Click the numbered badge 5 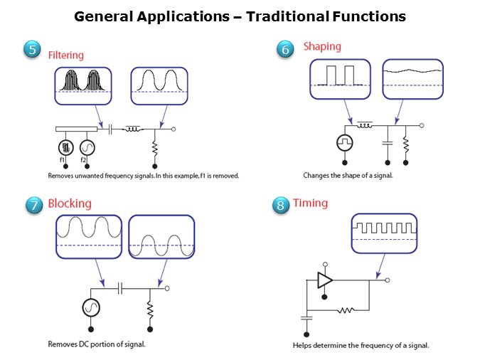[32, 50]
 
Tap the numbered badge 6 [284, 48]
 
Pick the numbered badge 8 [281, 205]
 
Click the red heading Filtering [65, 55]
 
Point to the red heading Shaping [322, 47]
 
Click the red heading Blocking [70, 203]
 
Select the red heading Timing [310, 203]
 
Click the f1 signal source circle [65, 147]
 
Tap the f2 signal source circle [87, 147]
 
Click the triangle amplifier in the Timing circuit [325, 280]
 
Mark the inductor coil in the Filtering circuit [135, 129]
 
